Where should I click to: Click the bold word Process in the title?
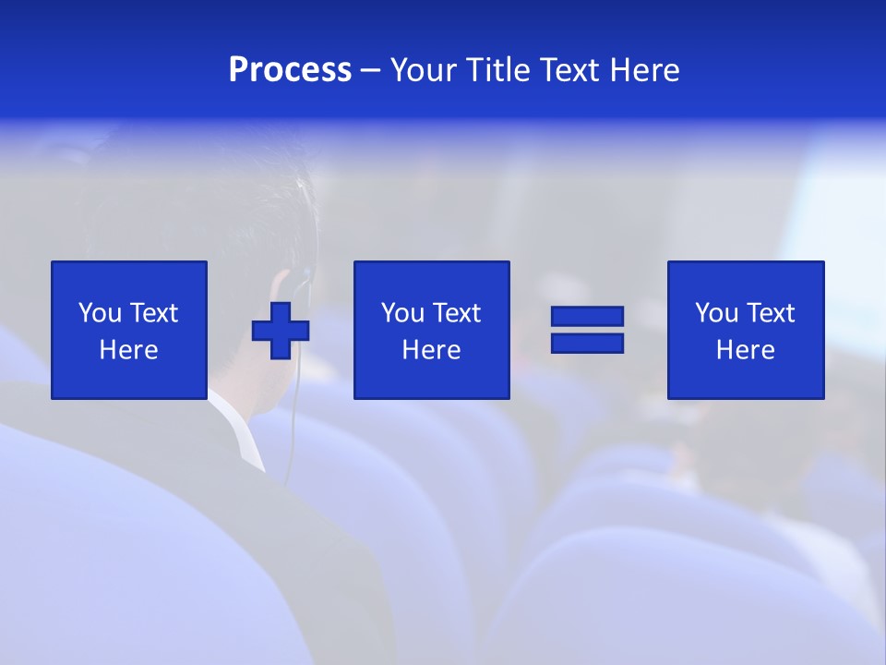click(290, 70)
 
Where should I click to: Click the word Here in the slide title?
click(646, 70)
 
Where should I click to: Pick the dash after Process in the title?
click(371, 71)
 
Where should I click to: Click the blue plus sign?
click(281, 331)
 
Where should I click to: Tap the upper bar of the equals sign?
click(588, 317)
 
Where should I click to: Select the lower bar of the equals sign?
click(588, 343)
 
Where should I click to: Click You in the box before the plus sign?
click(100, 313)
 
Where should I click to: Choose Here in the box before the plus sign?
click(128, 350)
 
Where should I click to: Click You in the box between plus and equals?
click(402, 313)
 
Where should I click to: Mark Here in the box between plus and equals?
click(431, 350)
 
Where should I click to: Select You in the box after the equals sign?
click(716, 313)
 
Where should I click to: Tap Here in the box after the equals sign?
click(745, 350)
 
